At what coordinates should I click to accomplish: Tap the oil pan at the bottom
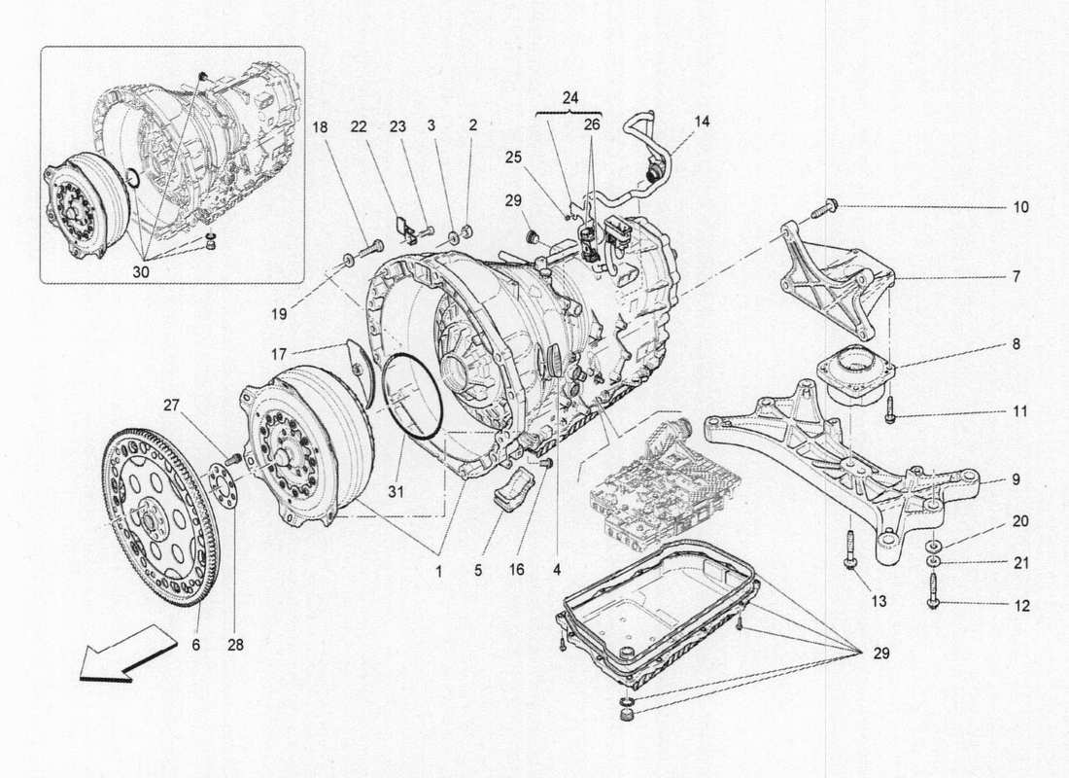[661, 608]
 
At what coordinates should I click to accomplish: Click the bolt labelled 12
[933, 589]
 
